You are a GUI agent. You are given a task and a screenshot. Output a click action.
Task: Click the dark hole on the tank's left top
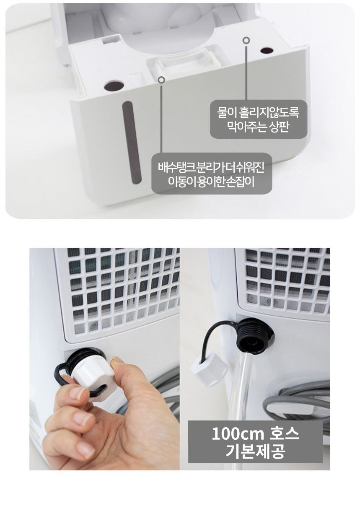click(x=114, y=86)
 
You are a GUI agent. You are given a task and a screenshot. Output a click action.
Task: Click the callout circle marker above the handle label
click(x=161, y=80)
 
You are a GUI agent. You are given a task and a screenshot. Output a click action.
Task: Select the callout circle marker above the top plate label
click(x=246, y=40)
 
